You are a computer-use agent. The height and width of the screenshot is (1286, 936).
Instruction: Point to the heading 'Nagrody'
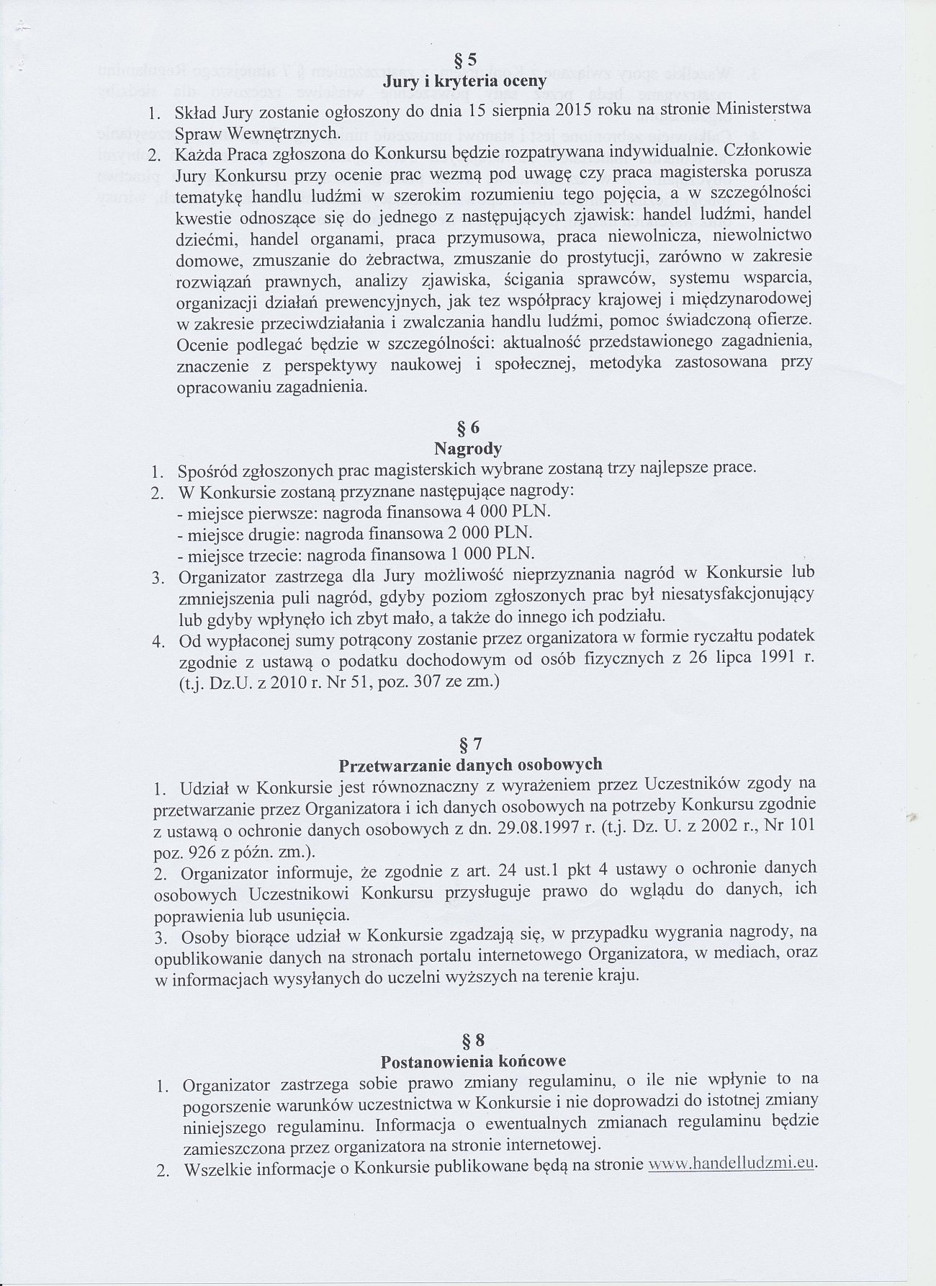tap(468, 449)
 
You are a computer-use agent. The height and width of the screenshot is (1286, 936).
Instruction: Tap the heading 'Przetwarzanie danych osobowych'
tap(470, 764)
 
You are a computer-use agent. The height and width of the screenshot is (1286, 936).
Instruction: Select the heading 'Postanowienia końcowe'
tap(473, 1061)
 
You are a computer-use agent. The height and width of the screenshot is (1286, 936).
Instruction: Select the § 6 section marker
tap(468, 428)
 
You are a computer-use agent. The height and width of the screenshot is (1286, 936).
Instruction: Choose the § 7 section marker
tap(469, 742)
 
